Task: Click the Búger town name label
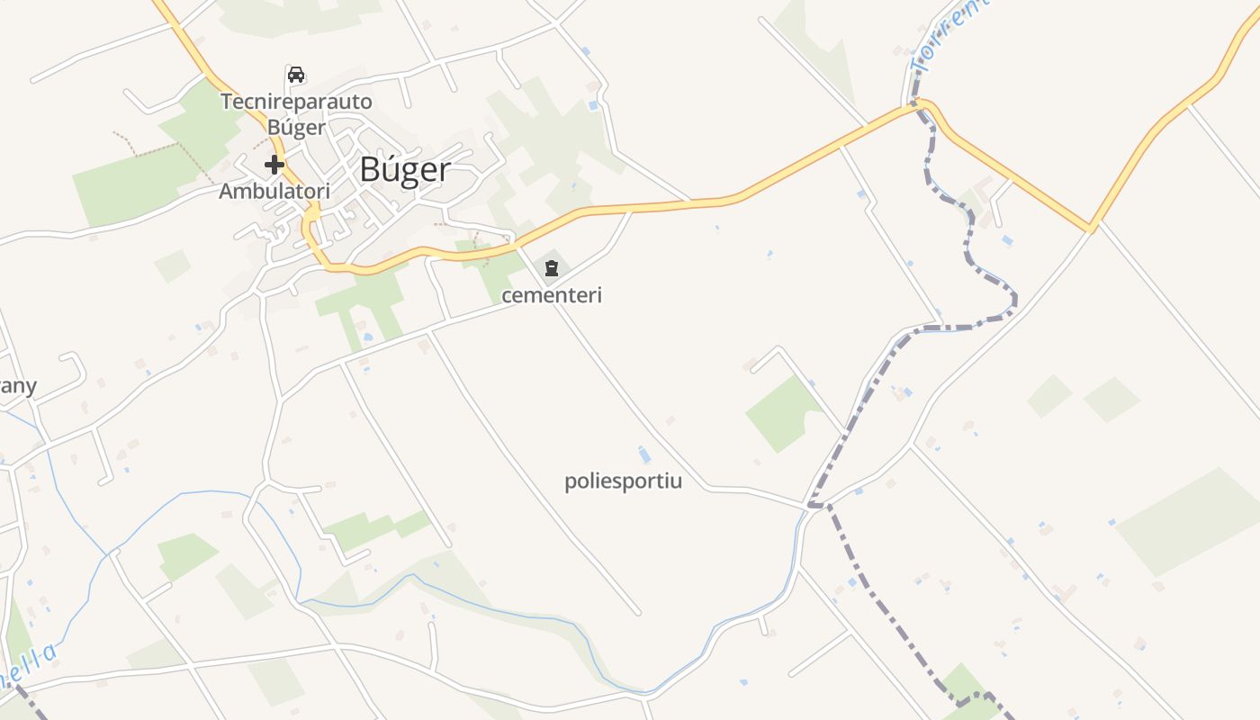click(405, 169)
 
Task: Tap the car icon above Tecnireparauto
click(296, 74)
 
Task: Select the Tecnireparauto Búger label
click(296, 114)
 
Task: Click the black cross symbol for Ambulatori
click(274, 165)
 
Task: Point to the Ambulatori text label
click(274, 191)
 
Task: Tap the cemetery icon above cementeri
click(551, 267)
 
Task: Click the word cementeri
click(551, 295)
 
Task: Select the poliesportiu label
click(623, 481)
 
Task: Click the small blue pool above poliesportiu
click(644, 454)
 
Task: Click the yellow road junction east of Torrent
click(1090, 229)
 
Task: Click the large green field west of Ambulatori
click(126, 189)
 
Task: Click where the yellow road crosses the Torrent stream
click(918, 105)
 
